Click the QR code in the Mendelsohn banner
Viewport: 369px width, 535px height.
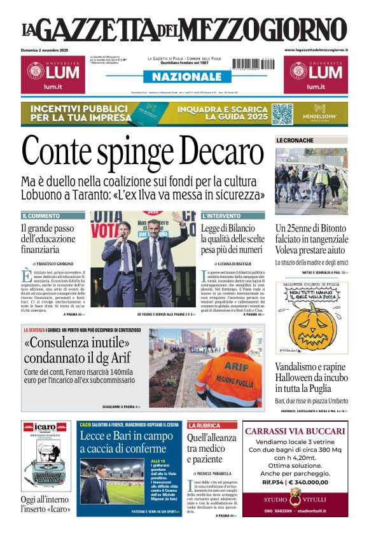pos(282,114)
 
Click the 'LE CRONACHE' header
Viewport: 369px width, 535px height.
pos(295,140)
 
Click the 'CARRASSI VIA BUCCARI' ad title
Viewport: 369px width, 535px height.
pos(295,431)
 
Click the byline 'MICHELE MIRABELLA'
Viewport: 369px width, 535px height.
pos(221,473)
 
